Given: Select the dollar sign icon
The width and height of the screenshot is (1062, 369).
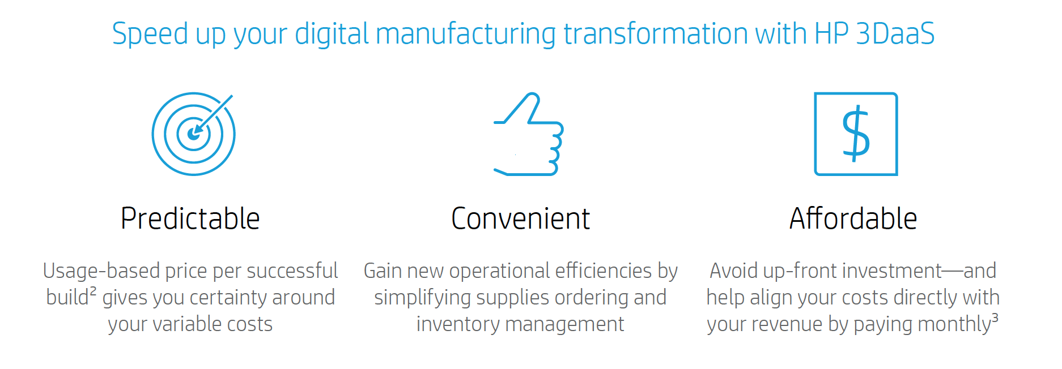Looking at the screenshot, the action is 856,134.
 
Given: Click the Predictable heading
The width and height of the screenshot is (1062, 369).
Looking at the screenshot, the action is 190,218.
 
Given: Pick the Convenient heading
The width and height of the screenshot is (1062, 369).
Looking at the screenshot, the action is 520,218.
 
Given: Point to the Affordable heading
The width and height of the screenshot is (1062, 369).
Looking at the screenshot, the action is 853,218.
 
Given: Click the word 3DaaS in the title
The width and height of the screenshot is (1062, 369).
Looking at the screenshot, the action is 895,34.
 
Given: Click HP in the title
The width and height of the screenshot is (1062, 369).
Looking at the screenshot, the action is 831,34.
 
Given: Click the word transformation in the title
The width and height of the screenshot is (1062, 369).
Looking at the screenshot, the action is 656,34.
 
